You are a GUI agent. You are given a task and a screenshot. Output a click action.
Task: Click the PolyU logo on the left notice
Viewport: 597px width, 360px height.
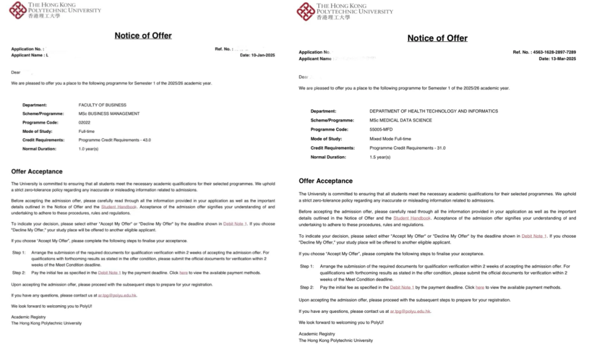tap(18, 10)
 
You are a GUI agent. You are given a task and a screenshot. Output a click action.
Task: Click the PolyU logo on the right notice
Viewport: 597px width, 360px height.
tap(306, 11)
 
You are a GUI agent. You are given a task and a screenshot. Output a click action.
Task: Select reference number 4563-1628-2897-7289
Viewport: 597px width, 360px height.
tap(554, 52)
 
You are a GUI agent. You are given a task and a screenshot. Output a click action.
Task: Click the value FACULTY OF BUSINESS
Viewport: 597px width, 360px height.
tap(102, 105)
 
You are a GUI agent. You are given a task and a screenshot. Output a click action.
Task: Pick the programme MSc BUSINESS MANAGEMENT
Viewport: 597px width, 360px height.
tap(109, 114)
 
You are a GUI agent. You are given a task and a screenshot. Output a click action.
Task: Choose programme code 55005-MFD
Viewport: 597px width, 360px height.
tap(384, 129)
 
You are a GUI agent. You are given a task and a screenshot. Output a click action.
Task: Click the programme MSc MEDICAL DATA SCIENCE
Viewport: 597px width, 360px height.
tap(401, 120)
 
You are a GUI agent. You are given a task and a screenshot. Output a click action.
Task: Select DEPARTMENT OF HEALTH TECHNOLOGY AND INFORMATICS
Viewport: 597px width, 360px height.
tap(434, 111)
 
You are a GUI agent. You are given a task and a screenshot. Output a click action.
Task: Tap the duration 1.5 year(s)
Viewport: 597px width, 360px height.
tap(380, 157)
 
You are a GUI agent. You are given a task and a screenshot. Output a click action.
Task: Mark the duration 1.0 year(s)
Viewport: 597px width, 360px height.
tap(89, 149)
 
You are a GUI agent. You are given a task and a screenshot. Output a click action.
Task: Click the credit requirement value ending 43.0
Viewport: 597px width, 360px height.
tap(111, 140)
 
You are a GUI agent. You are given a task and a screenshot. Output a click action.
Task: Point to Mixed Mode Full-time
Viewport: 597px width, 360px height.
tap(390, 139)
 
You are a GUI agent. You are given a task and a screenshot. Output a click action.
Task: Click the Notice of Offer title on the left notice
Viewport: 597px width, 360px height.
tap(143, 36)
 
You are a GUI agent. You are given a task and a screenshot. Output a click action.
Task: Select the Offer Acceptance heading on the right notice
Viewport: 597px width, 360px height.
tap(325, 181)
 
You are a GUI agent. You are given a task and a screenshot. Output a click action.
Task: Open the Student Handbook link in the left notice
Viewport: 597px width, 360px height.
tap(119, 207)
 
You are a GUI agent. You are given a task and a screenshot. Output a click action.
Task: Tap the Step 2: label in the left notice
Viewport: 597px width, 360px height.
tap(19, 273)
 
